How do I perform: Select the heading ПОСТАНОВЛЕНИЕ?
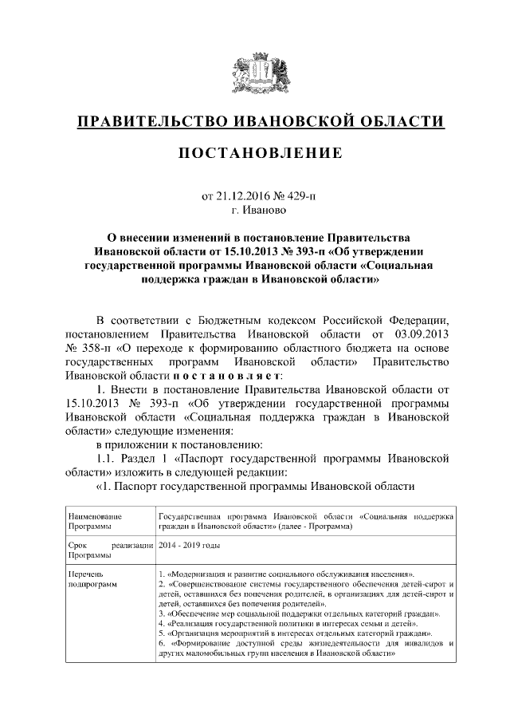(x=255, y=152)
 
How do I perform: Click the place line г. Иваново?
(x=255, y=211)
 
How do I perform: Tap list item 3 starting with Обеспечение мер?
(x=300, y=614)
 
